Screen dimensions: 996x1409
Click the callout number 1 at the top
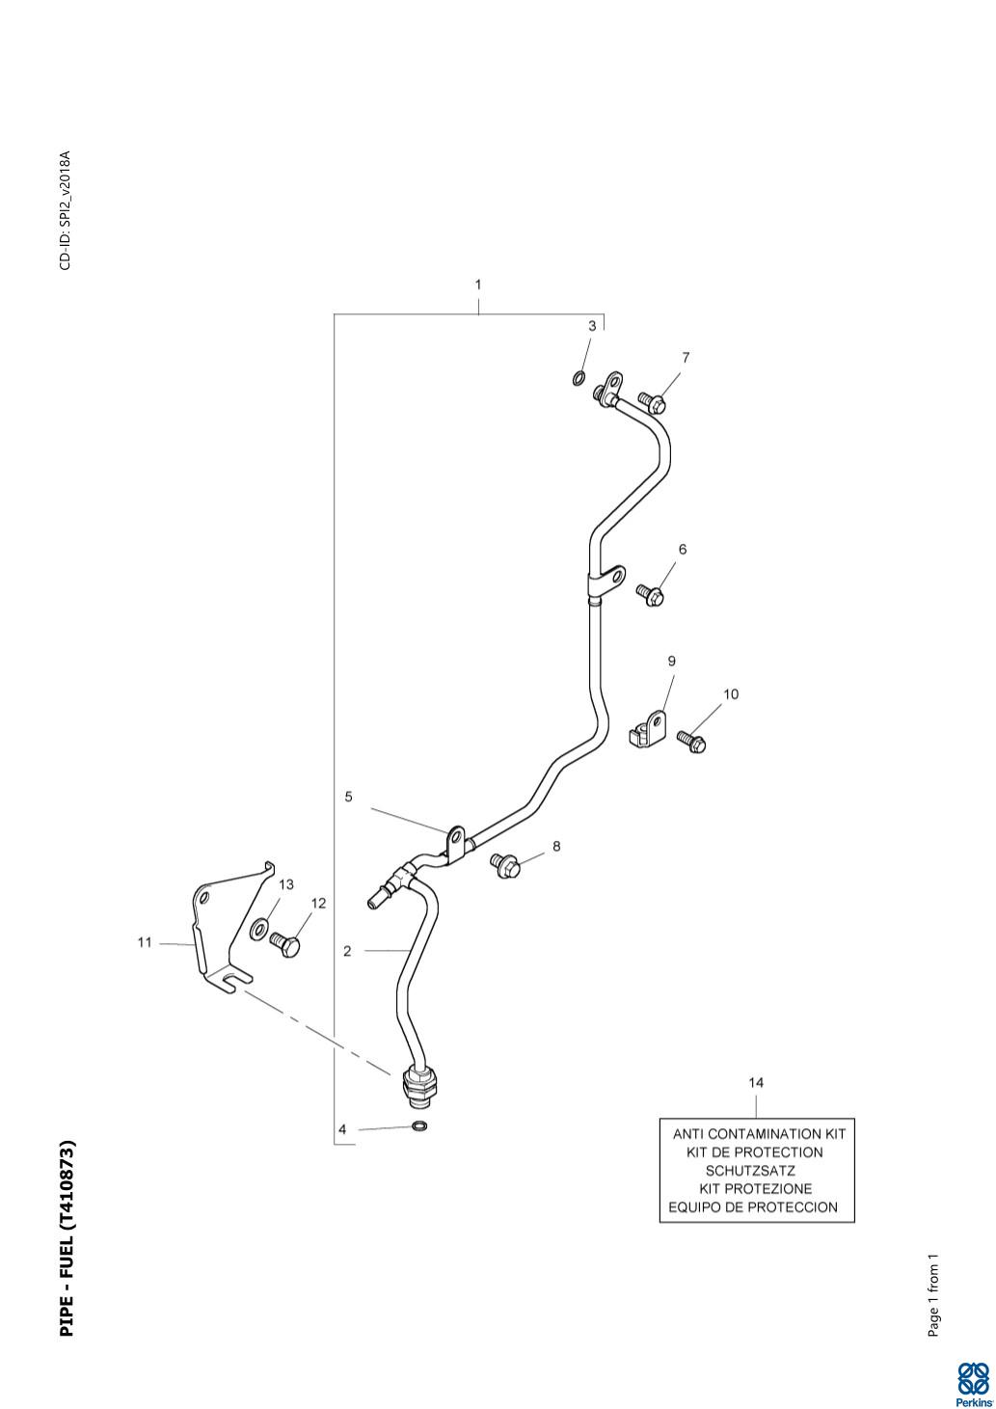(478, 285)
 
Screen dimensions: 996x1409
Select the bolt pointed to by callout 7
(652, 402)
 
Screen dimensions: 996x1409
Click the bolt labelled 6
(650, 594)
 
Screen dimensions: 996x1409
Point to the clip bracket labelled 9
(648, 729)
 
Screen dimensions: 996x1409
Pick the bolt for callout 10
(691, 742)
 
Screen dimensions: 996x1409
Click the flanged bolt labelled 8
(505, 865)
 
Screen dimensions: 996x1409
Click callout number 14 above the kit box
(756, 1082)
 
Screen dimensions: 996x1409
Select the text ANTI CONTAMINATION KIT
(759, 1134)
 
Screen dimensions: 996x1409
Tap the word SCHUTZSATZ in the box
(750, 1171)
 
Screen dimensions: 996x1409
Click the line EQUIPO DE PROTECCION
(753, 1207)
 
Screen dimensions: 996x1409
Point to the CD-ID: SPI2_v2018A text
(66, 210)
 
